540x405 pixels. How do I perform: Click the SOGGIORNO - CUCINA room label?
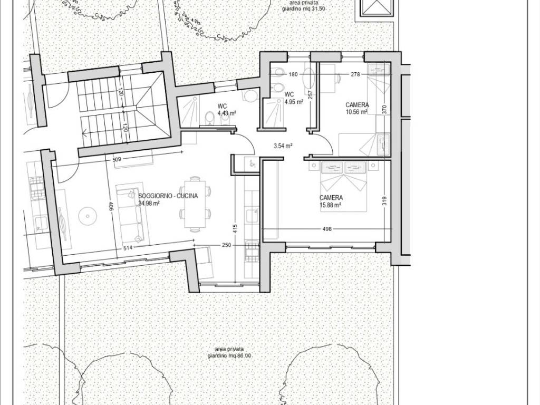[168, 196]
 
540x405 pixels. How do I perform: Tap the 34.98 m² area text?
[149, 203]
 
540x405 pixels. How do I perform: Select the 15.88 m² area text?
[330, 205]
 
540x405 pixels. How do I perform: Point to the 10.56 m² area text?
[356, 112]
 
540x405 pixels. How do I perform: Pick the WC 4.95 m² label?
[293, 98]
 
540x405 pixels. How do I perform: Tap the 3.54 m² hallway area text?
[283, 146]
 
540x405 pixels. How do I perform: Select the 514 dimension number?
[128, 247]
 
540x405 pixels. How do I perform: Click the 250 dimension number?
[227, 245]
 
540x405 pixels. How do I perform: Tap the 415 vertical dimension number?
[235, 229]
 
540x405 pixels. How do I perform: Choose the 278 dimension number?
[355, 74]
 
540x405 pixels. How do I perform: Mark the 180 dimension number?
[293, 74]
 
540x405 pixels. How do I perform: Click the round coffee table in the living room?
[88, 217]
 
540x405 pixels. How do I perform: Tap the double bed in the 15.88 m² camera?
[344, 186]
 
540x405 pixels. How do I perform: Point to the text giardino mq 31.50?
[304, 9]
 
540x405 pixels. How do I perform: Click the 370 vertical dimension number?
[384, 110]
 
